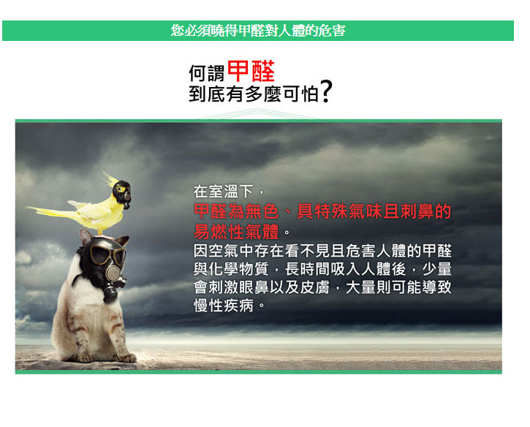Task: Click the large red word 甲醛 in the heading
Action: click(251, 71)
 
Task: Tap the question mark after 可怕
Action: click(326, 91)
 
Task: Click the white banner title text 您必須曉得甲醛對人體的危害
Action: click(258, 31)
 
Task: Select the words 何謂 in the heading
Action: click(207, 73)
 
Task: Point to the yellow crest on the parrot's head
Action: click(109, 179)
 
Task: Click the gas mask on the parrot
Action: click(122, 193)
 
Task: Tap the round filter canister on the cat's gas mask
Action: click(113, 272)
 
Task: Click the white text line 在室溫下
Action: click(223, 192)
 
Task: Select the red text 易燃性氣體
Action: click(236, 232)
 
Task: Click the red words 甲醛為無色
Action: click(236, 211)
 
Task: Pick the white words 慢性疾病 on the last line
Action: click(224, 306)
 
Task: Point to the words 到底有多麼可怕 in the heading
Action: click(254, 94)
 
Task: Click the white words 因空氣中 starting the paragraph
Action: click(224, 251)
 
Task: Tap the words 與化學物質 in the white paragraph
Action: click(231, 269)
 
